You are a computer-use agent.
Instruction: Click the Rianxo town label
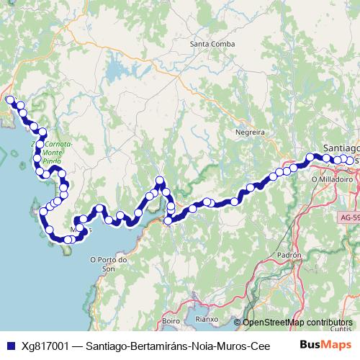click(206, 320)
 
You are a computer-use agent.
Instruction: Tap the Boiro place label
click(171, 320)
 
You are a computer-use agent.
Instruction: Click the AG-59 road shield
click(348, 215)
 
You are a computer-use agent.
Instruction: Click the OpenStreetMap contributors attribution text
click(297, 323)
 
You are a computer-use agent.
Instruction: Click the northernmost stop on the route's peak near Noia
click(160, 180)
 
